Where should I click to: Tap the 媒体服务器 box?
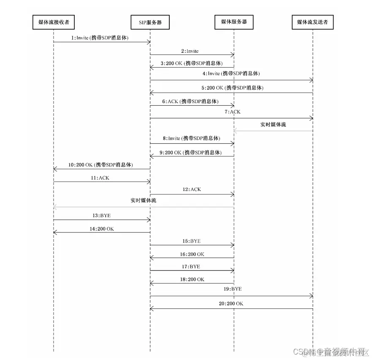[x=234, y=22]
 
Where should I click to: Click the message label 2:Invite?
[x=190, y=51]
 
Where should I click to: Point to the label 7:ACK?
[x=232, y=112]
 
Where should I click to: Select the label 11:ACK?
[x=100, y=178]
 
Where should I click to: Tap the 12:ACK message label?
[x=192, y=189]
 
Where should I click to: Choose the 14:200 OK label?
[x=102, y=229]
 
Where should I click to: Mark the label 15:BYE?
[x=192, y=241]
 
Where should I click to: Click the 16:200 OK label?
[x=192, y=254]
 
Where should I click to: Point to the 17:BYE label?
[x=191, y=267]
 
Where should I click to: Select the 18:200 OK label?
[x=192, y=279]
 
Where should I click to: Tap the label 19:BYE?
[x=233, y=289]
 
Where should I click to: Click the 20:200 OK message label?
[x=231, y=304]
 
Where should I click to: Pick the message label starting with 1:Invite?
[x=100, y=38]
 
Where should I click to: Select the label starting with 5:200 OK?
[x=233, y=88]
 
